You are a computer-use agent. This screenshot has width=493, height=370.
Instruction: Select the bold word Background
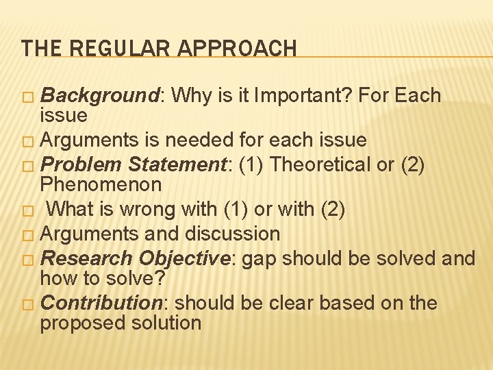point(100,95)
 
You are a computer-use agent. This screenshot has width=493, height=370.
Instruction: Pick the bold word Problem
point(81,165)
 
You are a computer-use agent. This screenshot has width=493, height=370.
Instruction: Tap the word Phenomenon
point(101,184)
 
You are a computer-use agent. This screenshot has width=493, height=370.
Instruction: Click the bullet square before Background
point(27,97)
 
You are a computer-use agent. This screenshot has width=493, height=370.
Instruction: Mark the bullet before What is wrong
point(27,210)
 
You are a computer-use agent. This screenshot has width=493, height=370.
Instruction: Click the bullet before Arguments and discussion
point(27,235)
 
